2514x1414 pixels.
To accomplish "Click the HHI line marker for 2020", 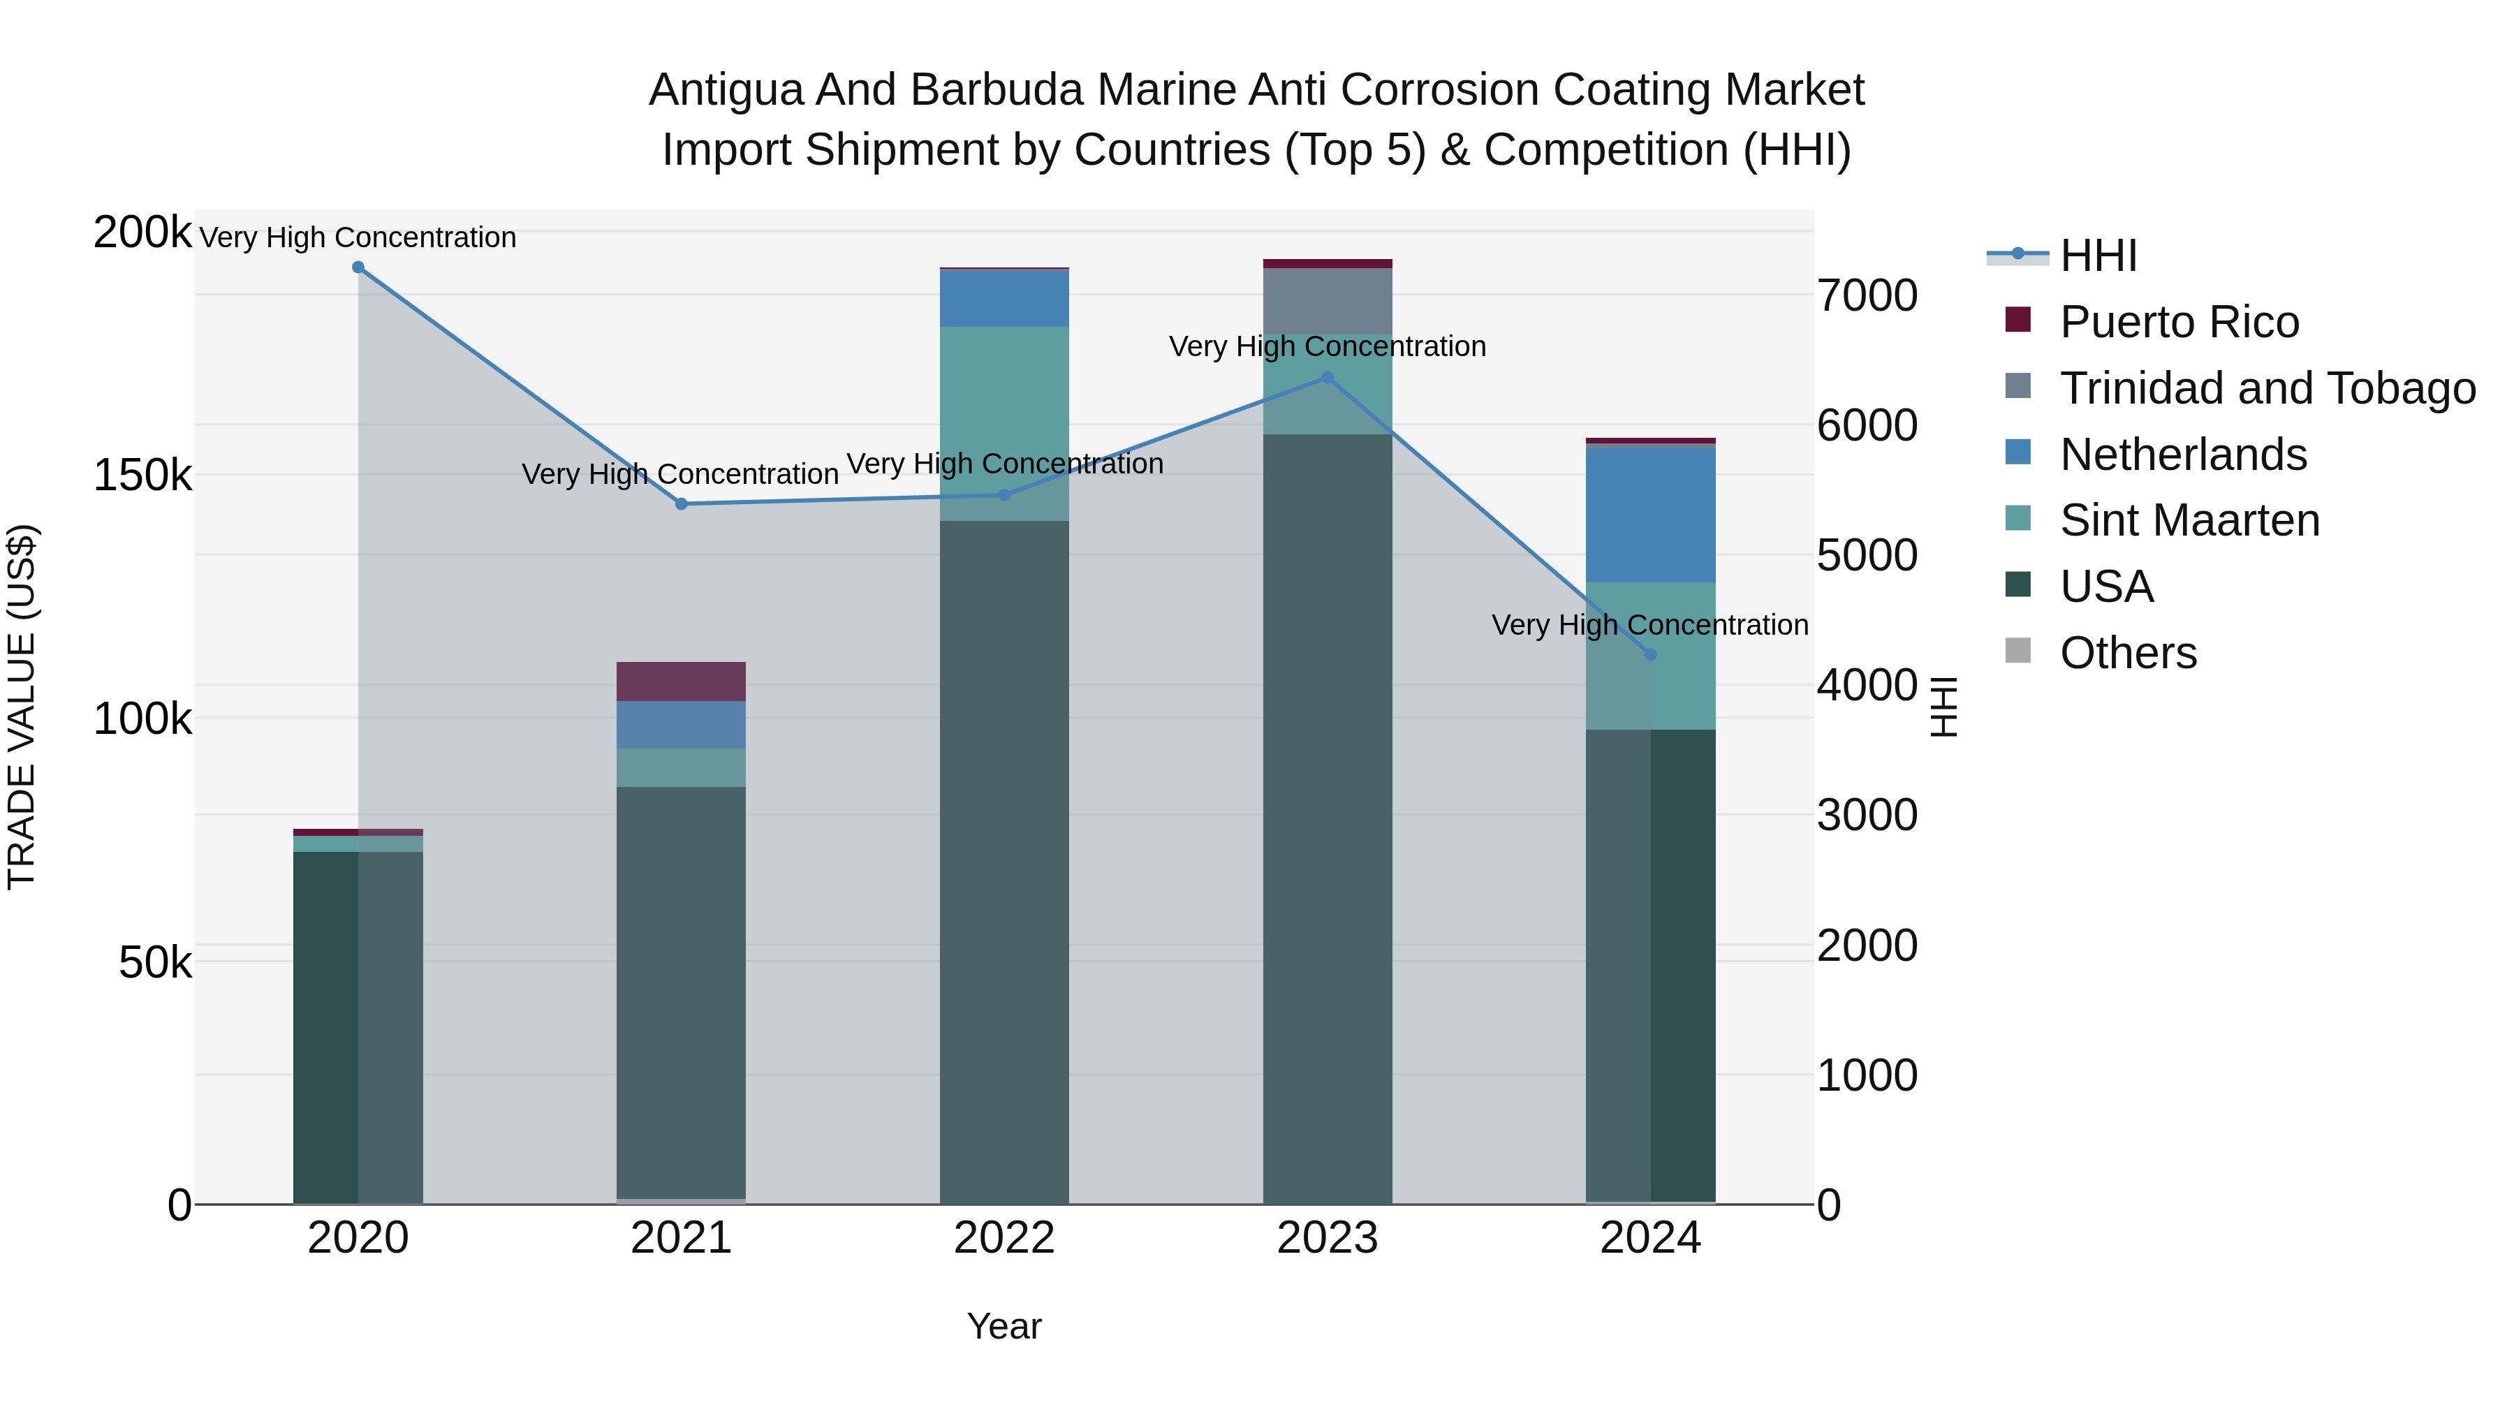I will [358, 267].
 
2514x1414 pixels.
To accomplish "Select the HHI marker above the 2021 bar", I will [681, 503].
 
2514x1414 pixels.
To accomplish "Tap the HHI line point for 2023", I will [1328, 378].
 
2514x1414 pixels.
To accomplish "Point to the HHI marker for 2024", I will [1650, 655].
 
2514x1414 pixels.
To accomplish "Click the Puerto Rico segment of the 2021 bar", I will [681, 681].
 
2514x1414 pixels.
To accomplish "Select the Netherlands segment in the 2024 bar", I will [1650, 514].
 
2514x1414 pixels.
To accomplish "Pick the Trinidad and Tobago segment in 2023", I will [1328, 302].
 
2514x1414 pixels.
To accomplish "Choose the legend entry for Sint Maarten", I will [2189, 520].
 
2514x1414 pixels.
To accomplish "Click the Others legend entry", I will [2128, 653].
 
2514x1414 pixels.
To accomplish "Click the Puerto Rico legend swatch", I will [2017, 320].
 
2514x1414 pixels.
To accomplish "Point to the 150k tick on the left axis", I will [142, 476].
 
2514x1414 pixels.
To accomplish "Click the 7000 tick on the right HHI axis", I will [1867, 295].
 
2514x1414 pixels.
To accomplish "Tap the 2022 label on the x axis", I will [1004, 1238].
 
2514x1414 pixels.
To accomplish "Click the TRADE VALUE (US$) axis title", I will [22, 707].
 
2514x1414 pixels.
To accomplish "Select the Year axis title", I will [1004, 1326].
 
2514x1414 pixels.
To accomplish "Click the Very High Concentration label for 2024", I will [1649, 624].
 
